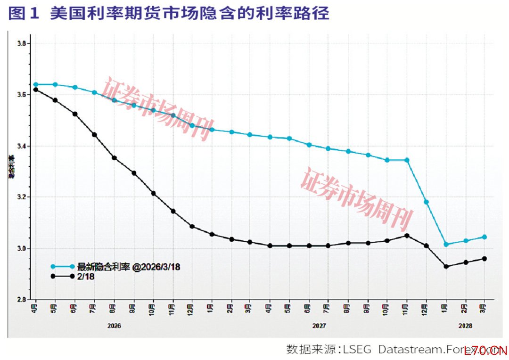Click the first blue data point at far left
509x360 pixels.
(35, 84)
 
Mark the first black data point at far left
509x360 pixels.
(35, 90)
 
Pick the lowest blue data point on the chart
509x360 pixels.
(446, 244)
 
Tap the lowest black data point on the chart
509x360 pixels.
(446, 267)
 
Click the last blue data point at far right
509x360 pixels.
(484, 237)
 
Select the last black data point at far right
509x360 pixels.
(484, 259)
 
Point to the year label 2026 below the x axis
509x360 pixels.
(114, 326)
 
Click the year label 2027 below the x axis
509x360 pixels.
(319, 326)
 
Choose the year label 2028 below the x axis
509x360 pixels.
(465, 326)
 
